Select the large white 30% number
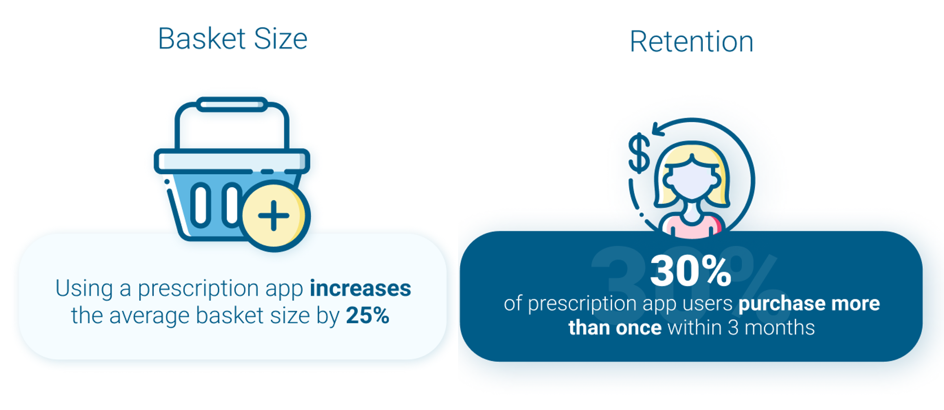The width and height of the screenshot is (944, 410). [x=691, y=271]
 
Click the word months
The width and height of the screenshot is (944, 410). [x=779, y=328]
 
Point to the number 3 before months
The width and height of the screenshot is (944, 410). [x=733, y=328]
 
